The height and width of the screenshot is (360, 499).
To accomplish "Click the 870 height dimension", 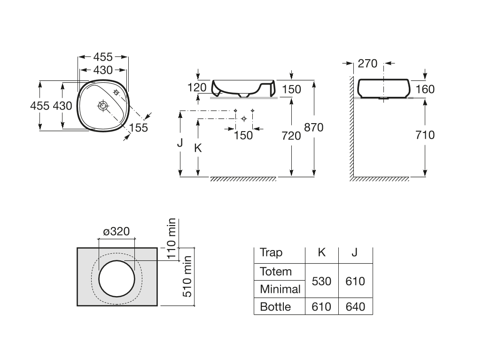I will click(x=313, y=127).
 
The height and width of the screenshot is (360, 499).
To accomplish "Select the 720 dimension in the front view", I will click(x=291, y=135).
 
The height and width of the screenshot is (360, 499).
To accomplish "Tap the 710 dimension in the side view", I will click(x=425, y=135).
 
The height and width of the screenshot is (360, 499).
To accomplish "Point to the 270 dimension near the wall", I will click(x=367, y=63).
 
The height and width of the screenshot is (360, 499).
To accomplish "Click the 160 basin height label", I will click(x=425, y=89).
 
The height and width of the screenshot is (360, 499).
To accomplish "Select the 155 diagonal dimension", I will click(x=138, y=127).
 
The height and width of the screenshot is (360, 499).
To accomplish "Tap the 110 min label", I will click(x=172, y=234).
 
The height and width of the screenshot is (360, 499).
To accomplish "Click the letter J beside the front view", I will click(x=180, y=143).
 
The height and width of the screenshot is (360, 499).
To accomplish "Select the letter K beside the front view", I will click(x=198, y=148).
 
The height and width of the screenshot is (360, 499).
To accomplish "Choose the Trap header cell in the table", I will click(x=271, y=253).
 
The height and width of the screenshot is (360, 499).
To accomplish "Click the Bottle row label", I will click(x=275, y=307).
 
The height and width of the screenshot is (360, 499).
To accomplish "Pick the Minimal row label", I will click(x=280, y=289).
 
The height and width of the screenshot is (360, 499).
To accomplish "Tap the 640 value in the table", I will click(x=355, y=307).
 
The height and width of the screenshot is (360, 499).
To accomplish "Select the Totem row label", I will click(x=275, y=272).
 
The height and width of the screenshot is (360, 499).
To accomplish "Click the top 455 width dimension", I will click(x=102, y=57).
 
